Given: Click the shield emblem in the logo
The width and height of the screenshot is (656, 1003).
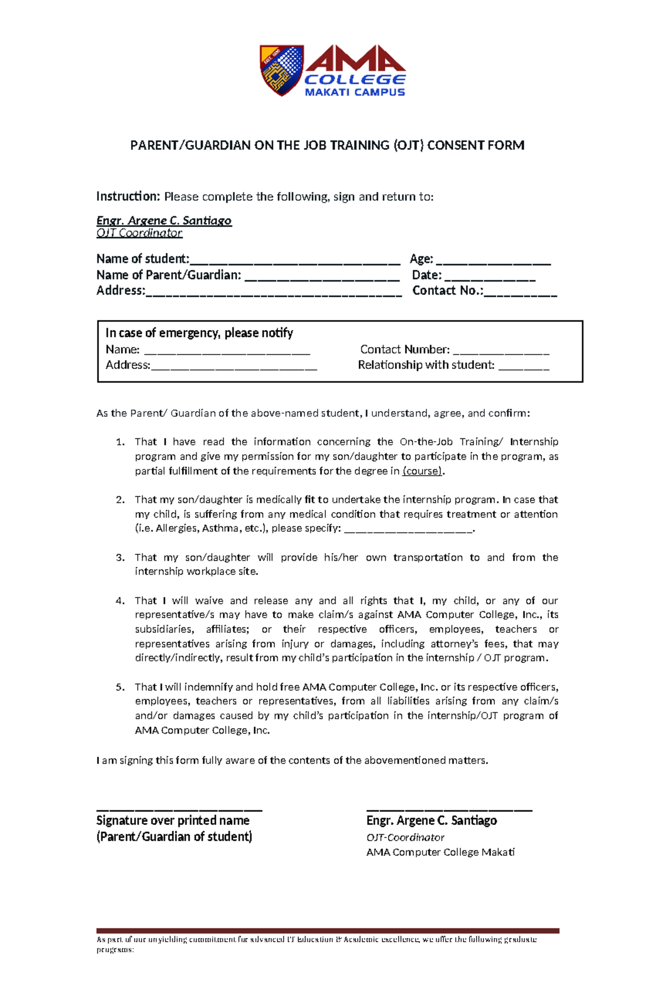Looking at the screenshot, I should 281,69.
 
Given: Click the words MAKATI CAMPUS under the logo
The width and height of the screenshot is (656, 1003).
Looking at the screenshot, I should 354,92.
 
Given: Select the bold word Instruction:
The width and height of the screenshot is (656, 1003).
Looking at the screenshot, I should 128,196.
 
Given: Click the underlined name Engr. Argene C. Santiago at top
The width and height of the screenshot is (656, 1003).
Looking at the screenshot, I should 164,220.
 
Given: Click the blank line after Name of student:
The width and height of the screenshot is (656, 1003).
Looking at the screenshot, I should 295,261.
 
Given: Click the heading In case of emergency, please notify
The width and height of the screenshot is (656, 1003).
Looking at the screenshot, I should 199,333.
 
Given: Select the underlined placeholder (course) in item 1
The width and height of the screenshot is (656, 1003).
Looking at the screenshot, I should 422,471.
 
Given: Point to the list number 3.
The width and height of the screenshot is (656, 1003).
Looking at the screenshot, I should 120,558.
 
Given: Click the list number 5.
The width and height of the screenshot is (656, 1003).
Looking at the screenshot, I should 120,687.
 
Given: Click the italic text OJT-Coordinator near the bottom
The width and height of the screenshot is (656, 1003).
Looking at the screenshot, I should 405,837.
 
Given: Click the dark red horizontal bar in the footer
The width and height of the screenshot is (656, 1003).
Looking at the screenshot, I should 328,930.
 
